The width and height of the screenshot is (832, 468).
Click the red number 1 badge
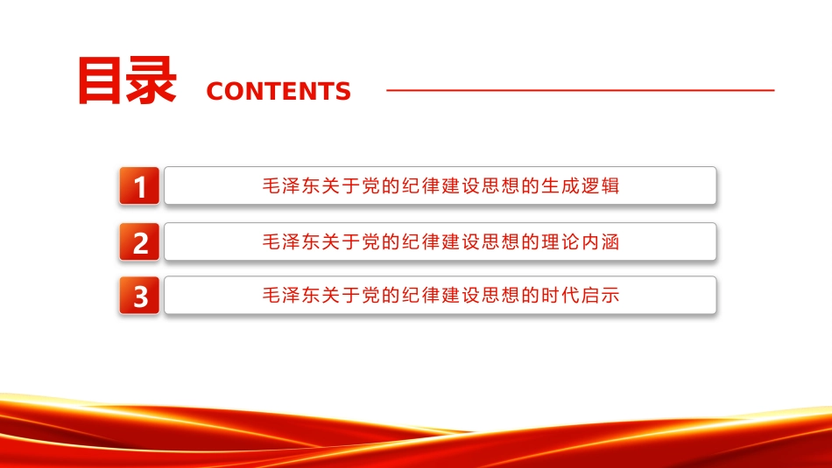139,185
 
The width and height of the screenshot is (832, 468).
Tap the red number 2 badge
139,241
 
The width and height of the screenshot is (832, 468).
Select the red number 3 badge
139,295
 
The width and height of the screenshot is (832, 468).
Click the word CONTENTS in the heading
279,91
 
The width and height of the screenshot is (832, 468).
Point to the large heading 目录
127,80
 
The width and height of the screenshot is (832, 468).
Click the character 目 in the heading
101,80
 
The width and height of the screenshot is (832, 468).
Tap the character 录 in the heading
152,80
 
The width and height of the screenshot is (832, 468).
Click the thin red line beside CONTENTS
581,90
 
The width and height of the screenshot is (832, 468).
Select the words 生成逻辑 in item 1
580,186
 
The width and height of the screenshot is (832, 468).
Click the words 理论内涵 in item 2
580,242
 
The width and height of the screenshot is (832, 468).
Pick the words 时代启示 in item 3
580,295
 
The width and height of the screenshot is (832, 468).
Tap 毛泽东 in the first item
292,186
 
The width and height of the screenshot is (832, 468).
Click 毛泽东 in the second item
292,242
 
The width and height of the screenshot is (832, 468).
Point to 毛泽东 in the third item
292,295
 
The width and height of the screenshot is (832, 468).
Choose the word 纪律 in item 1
420,186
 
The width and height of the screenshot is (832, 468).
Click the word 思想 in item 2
500,242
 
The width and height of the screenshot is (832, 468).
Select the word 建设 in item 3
460,295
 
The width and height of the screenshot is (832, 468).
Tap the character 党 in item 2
371,242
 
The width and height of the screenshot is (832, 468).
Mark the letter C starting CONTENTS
215,91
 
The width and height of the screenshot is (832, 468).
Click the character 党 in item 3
371,295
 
